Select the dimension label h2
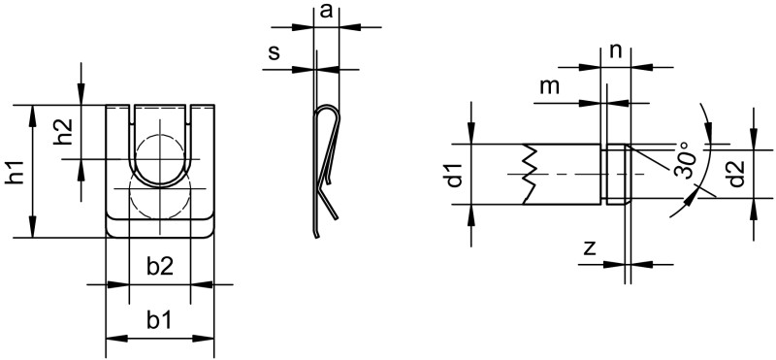(64, 132)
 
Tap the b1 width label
(159, 321)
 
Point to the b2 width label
(160, 268)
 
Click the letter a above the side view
(326, 11)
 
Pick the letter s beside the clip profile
(275, 52)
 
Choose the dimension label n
(615, 50)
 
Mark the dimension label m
(549, 86)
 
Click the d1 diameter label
(455, 175)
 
